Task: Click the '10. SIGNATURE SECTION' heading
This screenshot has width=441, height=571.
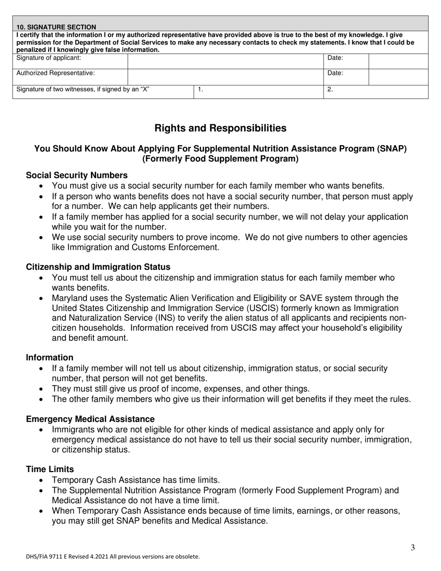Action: coord(56,27)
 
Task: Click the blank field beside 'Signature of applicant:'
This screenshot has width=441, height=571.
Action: coord(225,61)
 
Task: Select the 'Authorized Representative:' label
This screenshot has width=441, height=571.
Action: coord(56,73)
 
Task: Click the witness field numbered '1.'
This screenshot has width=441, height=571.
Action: coord(258,91)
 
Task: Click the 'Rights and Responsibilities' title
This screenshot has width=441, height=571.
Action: coord(220,128)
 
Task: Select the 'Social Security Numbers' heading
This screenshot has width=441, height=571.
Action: coord(77,175)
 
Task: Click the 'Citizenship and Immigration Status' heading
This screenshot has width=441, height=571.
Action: coord(98,267)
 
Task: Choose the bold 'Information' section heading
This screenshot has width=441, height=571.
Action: coord(50,357)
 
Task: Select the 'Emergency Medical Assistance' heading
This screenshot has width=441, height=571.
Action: coord(90,419)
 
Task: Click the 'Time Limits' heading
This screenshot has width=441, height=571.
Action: coord(50,469)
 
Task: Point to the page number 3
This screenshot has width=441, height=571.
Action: coord(413,548)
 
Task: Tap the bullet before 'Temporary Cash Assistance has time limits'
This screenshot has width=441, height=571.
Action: coord(43,480)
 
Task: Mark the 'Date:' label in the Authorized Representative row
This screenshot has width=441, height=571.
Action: coord(335,73)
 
